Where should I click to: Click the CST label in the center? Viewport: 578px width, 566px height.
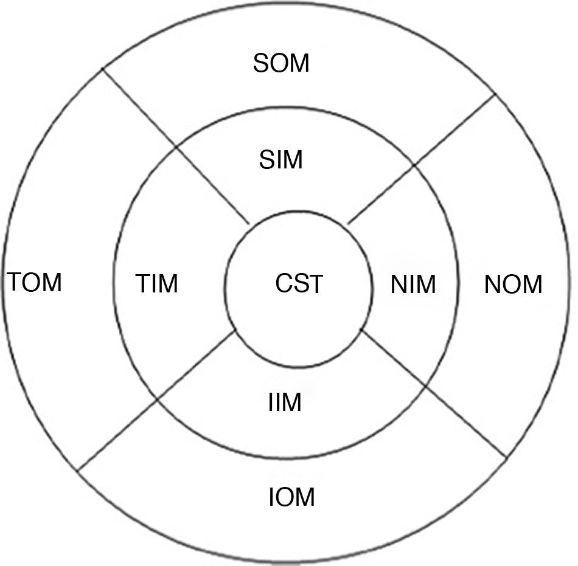[299, 284]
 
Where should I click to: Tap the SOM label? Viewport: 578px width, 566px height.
[281, 63]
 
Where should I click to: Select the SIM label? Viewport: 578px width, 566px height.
[280, 160]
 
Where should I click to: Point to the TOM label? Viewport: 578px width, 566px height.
[35, 283]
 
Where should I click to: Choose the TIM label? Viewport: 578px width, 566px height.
[157, 284]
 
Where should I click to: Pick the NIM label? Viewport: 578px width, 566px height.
[414, 285]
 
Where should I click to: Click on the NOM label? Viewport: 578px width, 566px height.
[513, 285]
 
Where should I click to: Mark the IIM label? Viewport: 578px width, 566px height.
[284, 402]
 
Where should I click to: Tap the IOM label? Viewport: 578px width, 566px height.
[292, 497]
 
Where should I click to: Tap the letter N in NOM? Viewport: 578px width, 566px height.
[492, 285]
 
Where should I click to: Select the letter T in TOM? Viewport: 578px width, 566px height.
[15, 283]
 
